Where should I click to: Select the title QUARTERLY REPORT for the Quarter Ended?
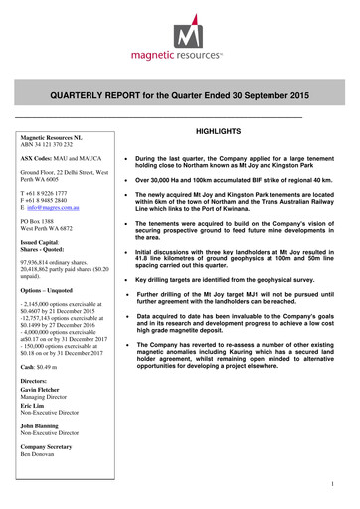[x=180, y=95]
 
